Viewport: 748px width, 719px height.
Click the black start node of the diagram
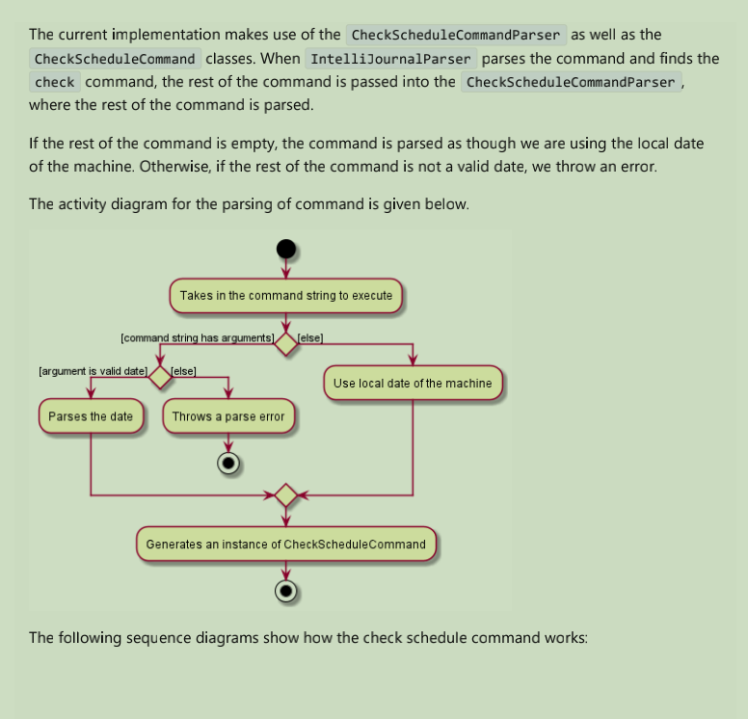coord(285,249)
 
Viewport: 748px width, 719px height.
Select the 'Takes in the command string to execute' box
coord(286,296)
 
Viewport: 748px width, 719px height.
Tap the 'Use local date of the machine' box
coord(413,383)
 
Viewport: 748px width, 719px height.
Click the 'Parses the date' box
coord(91,417)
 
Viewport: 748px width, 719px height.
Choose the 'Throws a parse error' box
coord(228,417)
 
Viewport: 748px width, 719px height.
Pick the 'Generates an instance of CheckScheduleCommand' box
coord(285,545)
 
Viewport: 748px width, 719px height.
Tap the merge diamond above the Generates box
coord(285,495)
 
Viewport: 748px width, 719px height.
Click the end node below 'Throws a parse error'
coord(228,463)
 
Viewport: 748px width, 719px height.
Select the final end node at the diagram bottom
coord(285,590)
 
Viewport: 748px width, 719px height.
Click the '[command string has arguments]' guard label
coord(197,338)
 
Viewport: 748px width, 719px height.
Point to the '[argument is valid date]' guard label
coord(93,371)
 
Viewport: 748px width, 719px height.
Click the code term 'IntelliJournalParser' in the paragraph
coord(390,59)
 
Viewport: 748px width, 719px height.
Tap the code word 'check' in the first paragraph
coord(54,82)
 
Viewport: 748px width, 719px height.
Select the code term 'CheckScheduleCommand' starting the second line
coord(115,59)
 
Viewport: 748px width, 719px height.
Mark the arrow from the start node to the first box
coord(285,269)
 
